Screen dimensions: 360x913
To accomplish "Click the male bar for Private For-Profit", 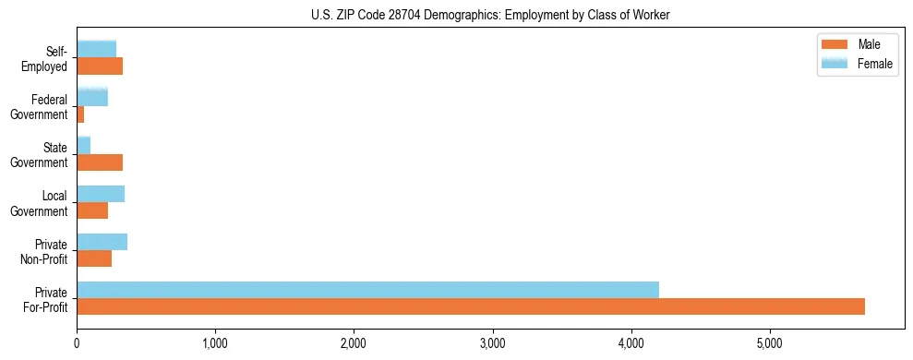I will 471,306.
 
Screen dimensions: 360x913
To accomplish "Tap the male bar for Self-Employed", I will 100,66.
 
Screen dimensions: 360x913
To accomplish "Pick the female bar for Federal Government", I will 92,97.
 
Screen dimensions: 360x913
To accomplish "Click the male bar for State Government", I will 100,162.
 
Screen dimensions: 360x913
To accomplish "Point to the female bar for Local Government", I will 101,194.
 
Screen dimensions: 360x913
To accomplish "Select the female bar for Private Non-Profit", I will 102,242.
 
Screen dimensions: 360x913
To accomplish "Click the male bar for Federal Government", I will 80,114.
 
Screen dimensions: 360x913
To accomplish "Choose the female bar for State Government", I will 84,145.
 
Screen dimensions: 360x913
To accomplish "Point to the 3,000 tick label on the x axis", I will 493,344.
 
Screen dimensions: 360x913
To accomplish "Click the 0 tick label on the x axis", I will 77,344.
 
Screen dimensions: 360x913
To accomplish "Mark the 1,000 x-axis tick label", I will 215,344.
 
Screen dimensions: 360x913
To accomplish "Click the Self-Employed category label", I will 50,58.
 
